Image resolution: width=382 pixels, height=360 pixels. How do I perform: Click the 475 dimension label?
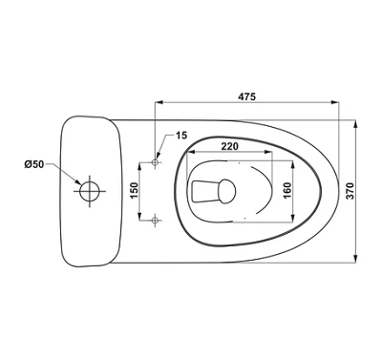click(247, 96)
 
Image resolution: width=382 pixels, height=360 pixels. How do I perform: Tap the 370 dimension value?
click(350, 191)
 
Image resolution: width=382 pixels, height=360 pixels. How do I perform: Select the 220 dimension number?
click(229, 146)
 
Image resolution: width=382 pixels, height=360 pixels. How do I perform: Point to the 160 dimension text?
click(287, 190)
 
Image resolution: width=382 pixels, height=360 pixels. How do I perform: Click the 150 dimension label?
click(135, 190)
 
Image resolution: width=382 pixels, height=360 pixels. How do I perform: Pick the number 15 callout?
click(181, 135)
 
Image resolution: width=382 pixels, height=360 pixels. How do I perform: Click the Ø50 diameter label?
click(33, 164)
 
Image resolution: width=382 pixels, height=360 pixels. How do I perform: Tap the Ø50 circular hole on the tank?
click(90, 191)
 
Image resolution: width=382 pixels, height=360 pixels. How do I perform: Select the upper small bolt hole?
click(155, 162)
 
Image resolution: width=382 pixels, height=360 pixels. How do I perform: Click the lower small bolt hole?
click(155, 220)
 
